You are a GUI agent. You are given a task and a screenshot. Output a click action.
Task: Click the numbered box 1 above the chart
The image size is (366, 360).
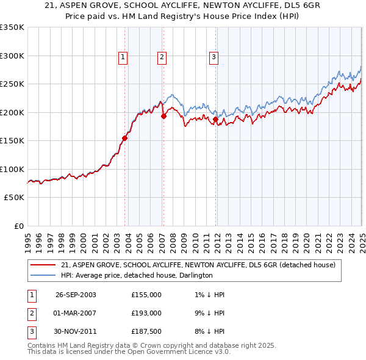[123, 57]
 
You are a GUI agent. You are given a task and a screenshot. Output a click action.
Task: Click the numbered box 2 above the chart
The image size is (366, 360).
[162, 57]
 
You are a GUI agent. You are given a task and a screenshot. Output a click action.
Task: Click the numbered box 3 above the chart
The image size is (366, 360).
[214, 57]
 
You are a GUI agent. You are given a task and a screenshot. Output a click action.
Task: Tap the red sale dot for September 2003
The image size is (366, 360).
[124, 138]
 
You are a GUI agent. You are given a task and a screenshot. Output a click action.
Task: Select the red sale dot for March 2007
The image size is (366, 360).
[163, 116]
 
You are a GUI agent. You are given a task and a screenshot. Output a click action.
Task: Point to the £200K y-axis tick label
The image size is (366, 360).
[12, 112]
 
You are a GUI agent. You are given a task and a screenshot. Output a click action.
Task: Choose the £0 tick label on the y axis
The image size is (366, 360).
[19, 226]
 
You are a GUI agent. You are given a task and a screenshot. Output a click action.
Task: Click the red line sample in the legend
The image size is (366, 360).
[44, 265]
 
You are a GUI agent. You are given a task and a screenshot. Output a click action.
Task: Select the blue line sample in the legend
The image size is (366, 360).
[44, 275]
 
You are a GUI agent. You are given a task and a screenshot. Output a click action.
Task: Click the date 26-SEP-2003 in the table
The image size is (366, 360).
[76, 295]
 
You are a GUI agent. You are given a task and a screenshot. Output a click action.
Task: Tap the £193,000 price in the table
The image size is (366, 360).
[146, 313]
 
